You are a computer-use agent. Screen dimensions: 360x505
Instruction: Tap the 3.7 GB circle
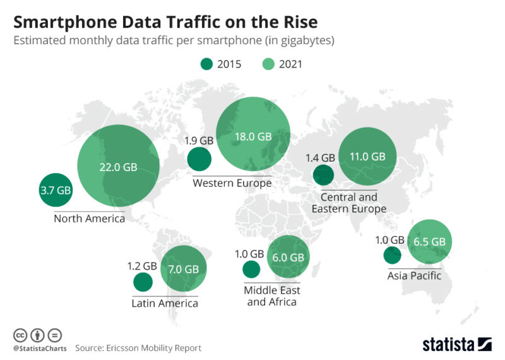[56, 189]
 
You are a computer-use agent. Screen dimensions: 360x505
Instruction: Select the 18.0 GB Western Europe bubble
[253, 136]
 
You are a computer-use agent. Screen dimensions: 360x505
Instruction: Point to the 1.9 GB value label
[199, 141]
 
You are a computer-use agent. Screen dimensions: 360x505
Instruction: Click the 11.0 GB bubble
[368, 157]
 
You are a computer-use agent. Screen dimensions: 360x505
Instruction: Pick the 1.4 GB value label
[320, 158]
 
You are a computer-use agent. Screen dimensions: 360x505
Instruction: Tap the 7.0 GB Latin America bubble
[183, 269]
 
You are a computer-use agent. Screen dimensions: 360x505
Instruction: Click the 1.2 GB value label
[142, 266]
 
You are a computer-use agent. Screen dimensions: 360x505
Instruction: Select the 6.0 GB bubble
[288, 257]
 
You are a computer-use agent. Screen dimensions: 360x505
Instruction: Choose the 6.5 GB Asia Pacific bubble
[430, 241]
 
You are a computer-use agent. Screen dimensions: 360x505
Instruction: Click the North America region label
[89, 219]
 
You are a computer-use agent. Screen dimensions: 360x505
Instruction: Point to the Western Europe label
[232, 183]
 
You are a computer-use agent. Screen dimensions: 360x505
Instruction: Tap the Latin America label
[165, 303]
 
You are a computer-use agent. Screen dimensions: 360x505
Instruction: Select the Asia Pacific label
[414, 275]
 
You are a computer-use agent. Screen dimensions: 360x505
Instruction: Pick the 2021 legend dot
[268, 64]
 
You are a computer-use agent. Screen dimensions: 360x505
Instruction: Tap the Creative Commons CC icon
[20, 335]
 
